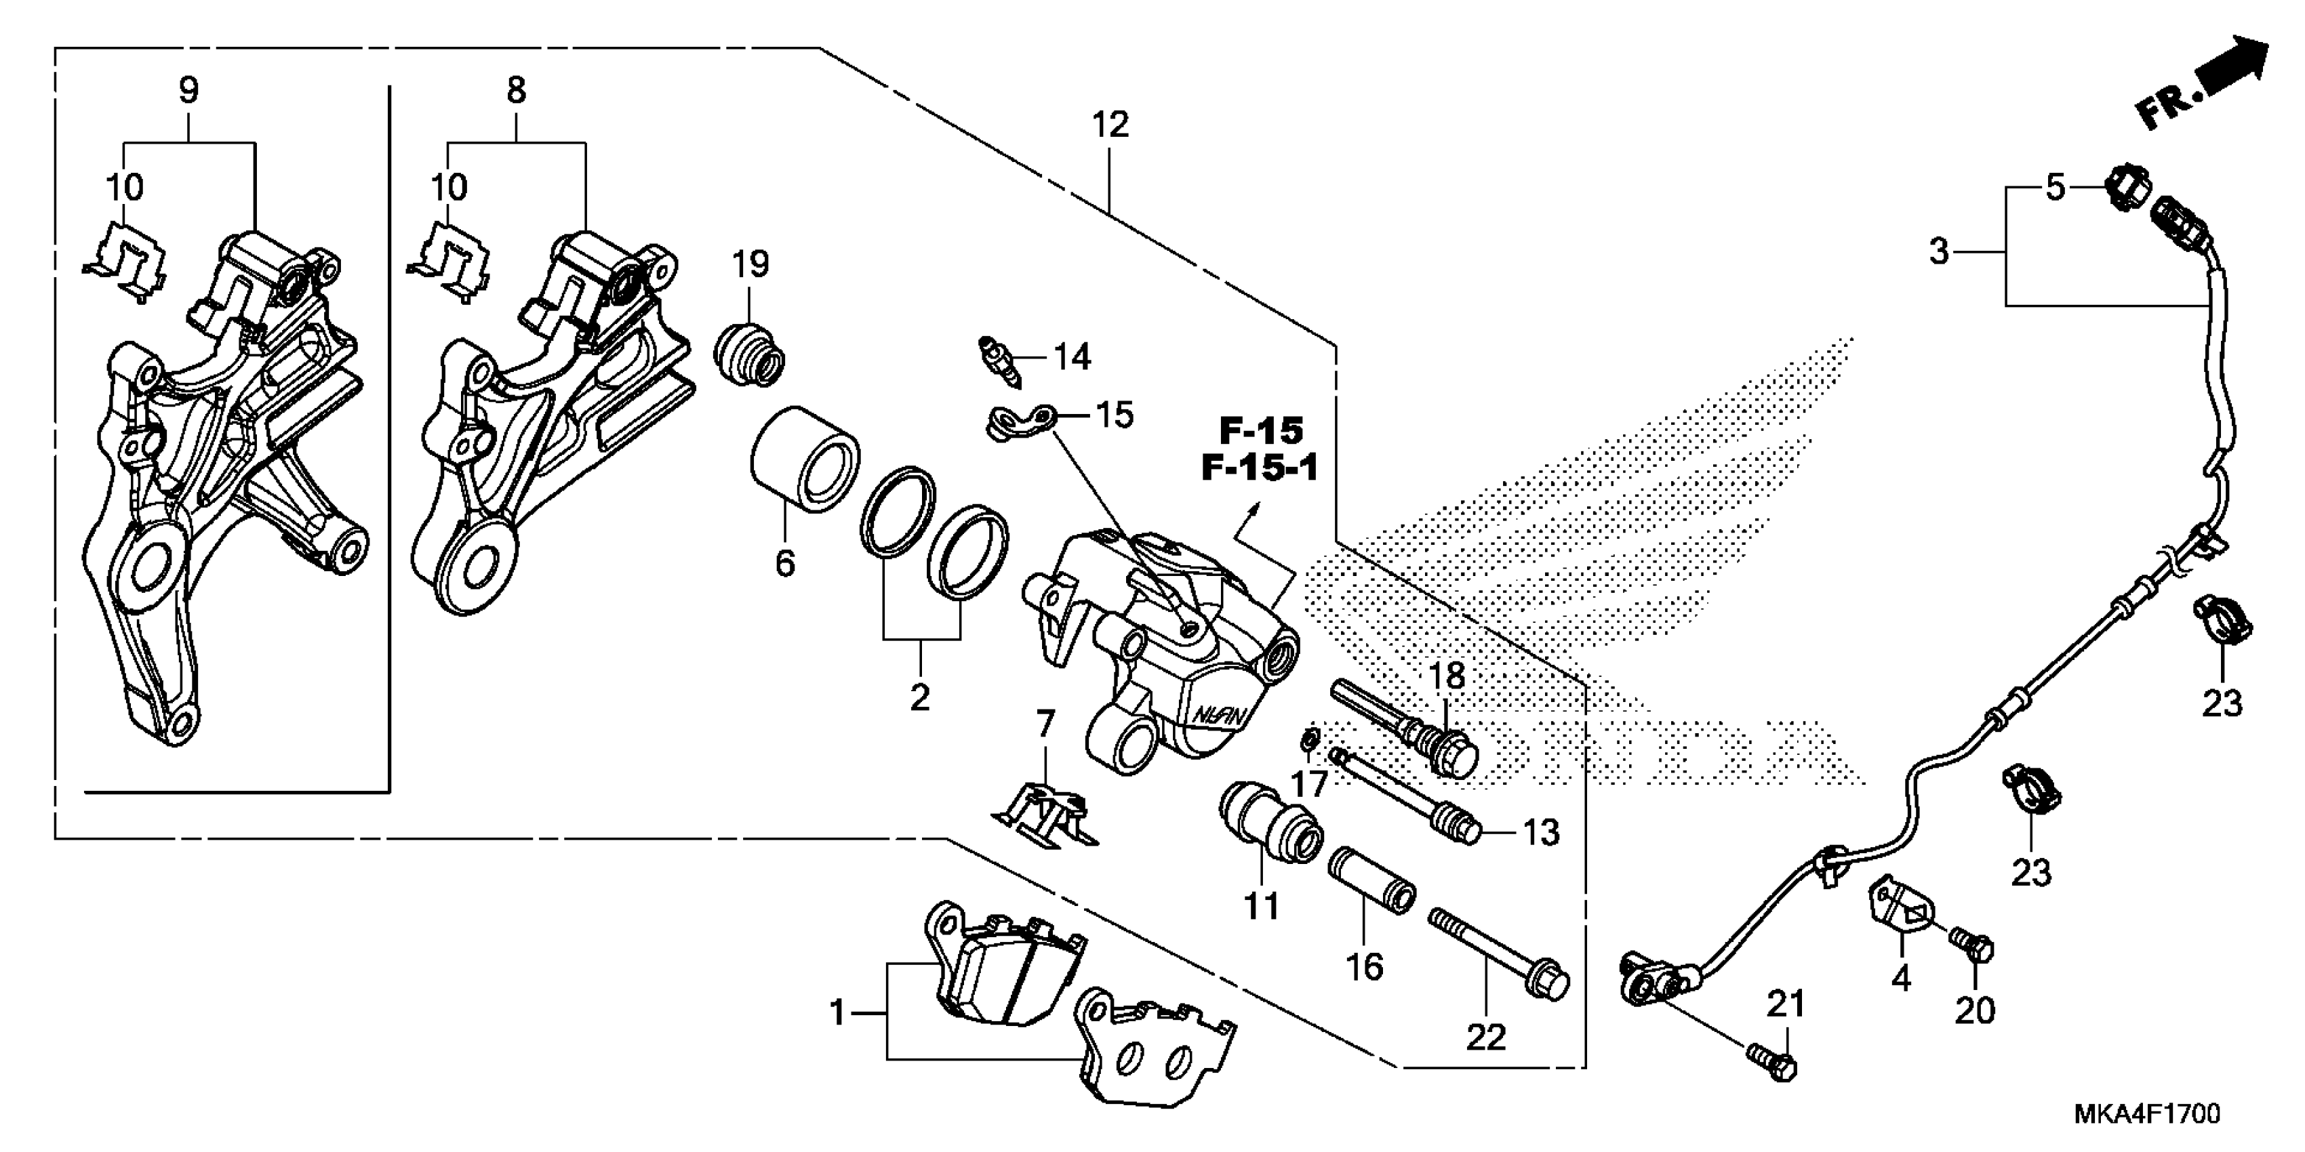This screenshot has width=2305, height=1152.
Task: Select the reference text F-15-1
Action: click(1260, 468)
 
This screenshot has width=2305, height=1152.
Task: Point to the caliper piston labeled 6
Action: click(803, 459)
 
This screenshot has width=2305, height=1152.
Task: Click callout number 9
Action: click(188, 90)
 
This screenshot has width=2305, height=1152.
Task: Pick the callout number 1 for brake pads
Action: click(837, 1013)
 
